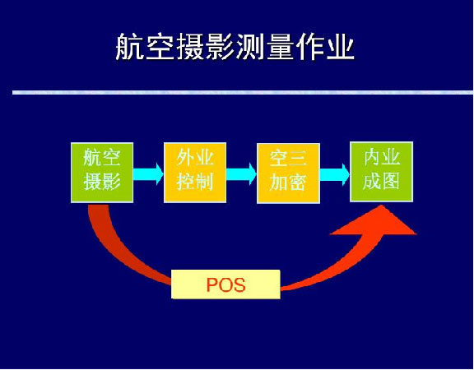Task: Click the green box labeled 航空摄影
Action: click(x=102, y=173)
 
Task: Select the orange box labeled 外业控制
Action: click(x=195, y=173)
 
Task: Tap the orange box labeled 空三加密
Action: click(x=288, y=173)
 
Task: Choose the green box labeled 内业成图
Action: click(x=382, y=172)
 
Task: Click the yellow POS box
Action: click(x=225, y=284)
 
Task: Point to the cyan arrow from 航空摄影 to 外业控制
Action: click(x=148, y=174)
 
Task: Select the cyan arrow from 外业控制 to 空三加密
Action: click(x=242, y=174)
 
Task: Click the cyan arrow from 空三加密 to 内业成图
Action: click(x=335, y=174)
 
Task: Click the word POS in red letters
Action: click(x=225, y=284)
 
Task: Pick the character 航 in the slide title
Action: click(x=130, y=47)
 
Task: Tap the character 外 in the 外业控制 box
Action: click(x=185, y=157)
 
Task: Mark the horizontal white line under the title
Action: click(x=243, y=92)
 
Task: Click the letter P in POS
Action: click(x=212, y=284)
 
